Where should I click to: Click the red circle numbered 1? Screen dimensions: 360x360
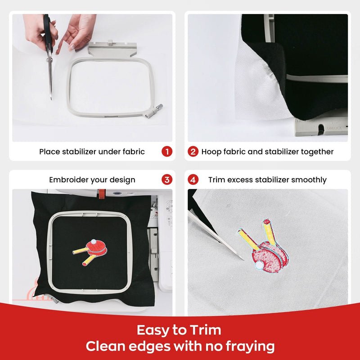click(x=167, y=152)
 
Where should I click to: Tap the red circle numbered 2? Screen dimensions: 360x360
click(x=193, y=152)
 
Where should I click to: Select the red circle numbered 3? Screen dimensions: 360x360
click(x=167, y=180)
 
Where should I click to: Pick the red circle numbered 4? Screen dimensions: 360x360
click(x=193, y=180)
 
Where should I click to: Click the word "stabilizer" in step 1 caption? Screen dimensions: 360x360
click(x=83, y=152)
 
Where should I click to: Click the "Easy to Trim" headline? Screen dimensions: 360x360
click(x=179, y=330)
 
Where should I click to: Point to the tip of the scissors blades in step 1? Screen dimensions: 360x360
click(x=51, y=98)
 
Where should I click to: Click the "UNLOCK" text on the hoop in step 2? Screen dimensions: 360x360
click(x=334, y=128)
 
